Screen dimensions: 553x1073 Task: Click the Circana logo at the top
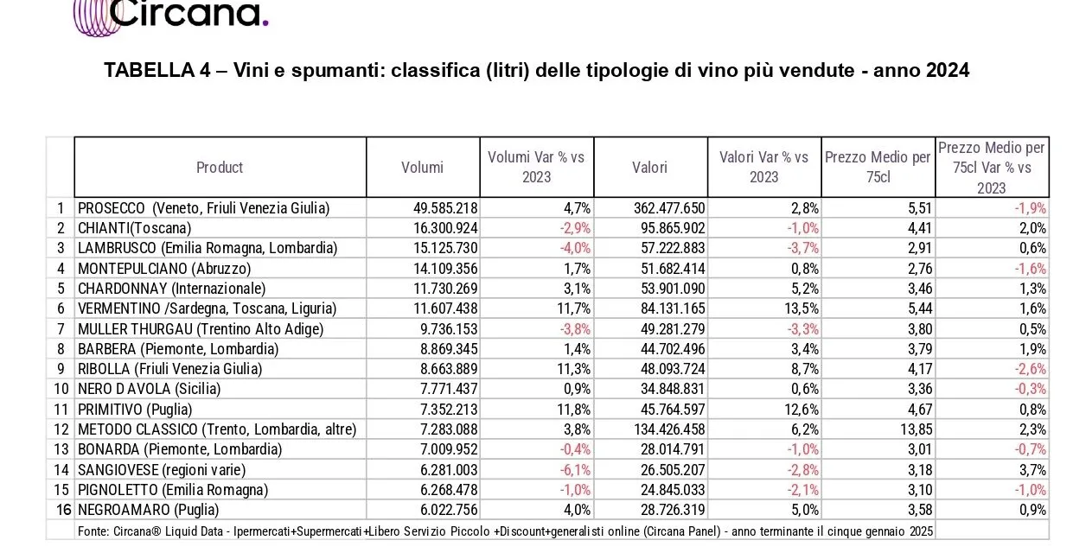point(169,16)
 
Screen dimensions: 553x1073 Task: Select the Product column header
point(220,168)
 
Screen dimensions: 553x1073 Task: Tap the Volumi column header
point(422,168)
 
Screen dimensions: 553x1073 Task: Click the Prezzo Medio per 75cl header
point(877,167)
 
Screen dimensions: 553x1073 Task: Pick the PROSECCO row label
point(203,208)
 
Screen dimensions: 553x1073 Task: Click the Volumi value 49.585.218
point(441,208)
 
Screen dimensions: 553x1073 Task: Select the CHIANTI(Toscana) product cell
point(134,228)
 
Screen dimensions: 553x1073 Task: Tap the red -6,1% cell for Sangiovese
point(575,470)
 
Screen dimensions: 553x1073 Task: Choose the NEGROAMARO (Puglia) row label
point(147,510)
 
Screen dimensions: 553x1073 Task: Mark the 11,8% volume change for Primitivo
point(573,410)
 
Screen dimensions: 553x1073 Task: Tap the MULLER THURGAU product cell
point(200,329)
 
